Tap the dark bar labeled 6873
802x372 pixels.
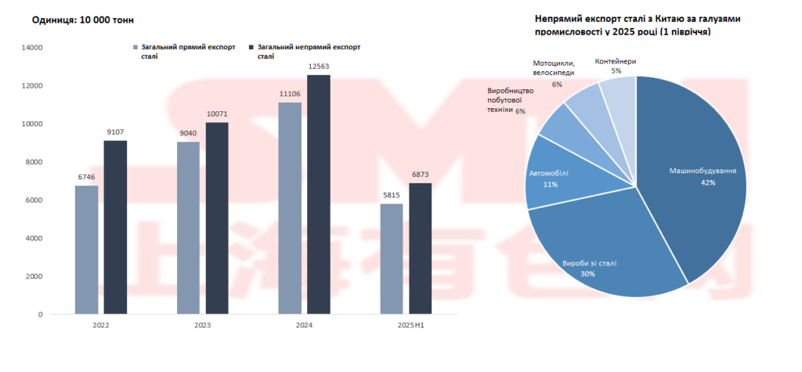pos(420,248)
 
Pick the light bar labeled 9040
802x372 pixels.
pos(189,227)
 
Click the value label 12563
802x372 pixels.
pos(319,67)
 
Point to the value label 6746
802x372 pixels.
pos(86,178)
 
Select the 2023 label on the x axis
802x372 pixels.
pos(203,325)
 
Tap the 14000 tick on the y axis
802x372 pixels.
pos(32,48)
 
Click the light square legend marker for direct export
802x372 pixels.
pos(136,47)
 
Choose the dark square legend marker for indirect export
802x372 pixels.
pos(251,47)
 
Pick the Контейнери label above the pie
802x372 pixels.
pos(616,60)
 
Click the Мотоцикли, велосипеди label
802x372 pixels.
pos(554,67)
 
